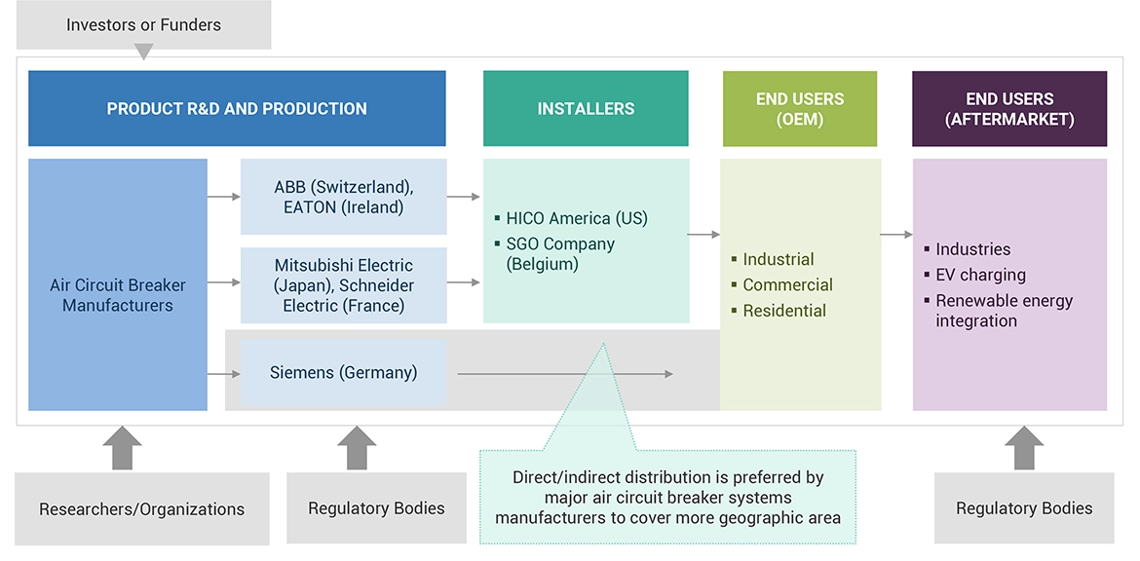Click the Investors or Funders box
click(143, 24)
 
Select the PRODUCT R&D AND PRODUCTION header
click(237, 108)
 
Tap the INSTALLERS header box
click(586, 108)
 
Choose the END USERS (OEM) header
click(800, 108)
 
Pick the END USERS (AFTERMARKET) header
click(1009, 108)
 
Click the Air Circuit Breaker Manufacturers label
click(118, 295)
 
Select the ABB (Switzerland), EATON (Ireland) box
click(344, 197)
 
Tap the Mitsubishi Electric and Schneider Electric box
click(344, 284)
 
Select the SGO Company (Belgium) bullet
click(560, 253)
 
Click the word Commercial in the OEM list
click(787, 285)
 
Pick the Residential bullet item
click(784, 311)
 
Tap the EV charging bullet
click(980, 275)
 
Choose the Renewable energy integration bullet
click(1004, 311)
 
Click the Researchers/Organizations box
click(142, 508)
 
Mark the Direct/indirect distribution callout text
click(667, 497)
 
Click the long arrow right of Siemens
click(565, 374)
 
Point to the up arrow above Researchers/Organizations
click(122, 448)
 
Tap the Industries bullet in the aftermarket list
click(972, 249)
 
